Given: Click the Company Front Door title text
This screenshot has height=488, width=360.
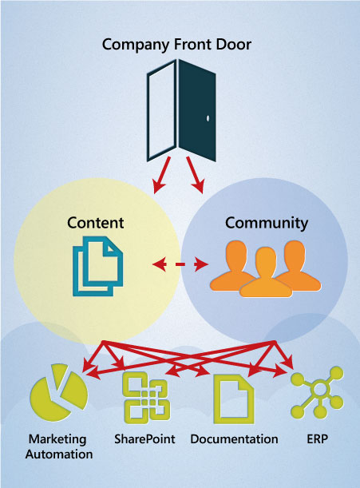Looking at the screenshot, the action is (176, 45).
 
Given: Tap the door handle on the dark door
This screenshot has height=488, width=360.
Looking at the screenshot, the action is (208, 118).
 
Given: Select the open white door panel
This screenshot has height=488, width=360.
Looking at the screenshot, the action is (162, 110).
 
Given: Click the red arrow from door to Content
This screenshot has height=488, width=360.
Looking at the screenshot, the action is (162, 175).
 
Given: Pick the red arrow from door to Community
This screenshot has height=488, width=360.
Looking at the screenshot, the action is (195, 175).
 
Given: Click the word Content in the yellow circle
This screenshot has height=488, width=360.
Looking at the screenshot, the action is (96, 223).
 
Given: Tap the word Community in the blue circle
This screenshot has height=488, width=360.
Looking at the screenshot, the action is (267, 224).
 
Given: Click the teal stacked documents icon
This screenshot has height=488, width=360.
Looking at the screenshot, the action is (97, 266).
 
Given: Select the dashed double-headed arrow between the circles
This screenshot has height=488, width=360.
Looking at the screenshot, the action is (180, 264).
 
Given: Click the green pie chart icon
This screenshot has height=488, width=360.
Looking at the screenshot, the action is (58, 393).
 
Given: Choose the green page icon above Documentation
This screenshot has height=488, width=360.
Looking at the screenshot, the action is (234, 399).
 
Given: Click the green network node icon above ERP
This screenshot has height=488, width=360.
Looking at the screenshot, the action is (317, 392).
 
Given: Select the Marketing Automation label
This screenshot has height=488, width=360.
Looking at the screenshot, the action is (59, 446).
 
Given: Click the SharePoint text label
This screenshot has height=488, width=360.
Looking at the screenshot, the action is (144, 439).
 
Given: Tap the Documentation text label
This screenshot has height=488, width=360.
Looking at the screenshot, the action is (235, 439).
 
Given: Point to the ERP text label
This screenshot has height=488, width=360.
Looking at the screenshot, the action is (317, 439).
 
